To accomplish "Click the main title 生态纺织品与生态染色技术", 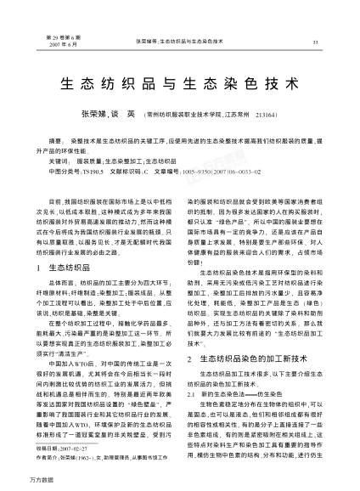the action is (180, 85).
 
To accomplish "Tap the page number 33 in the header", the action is (316, 41).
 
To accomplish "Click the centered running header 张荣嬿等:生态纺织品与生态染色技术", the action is (179, 41).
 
